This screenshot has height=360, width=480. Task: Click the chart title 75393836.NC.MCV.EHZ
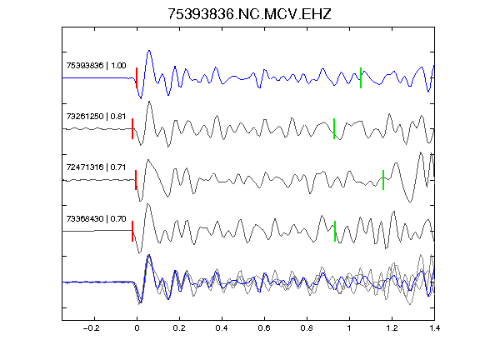(249, 14)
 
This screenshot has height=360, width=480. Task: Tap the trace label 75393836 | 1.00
(96, 66)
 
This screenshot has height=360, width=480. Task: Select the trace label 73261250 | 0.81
(96, 117)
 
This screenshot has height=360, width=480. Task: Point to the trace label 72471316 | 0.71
(96, 167)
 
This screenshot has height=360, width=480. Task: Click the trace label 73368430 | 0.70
(96, 219)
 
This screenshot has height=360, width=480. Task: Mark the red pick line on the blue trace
(137, 77)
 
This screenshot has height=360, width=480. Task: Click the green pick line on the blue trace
(361, 77)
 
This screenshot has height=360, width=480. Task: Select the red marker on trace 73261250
(132, 128)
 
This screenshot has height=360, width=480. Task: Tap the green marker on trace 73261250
(334, 128)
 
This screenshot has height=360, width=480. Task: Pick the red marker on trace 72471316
(136, 180)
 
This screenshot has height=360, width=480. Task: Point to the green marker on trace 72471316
(383, 180)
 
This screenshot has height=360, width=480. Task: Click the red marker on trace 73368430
(132, 231)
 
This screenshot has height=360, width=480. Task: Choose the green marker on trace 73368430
(335, 231)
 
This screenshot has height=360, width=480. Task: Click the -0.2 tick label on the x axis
(92, 328)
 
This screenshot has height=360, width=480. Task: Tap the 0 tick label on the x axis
(137, 328)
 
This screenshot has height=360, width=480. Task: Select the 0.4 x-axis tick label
(222, 328)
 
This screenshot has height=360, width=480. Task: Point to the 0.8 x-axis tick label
(307, 328)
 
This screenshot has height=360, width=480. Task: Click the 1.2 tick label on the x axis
(392, 328)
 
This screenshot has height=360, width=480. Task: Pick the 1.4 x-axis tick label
(434, 328)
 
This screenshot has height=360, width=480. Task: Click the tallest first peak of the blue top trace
(149, 51)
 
